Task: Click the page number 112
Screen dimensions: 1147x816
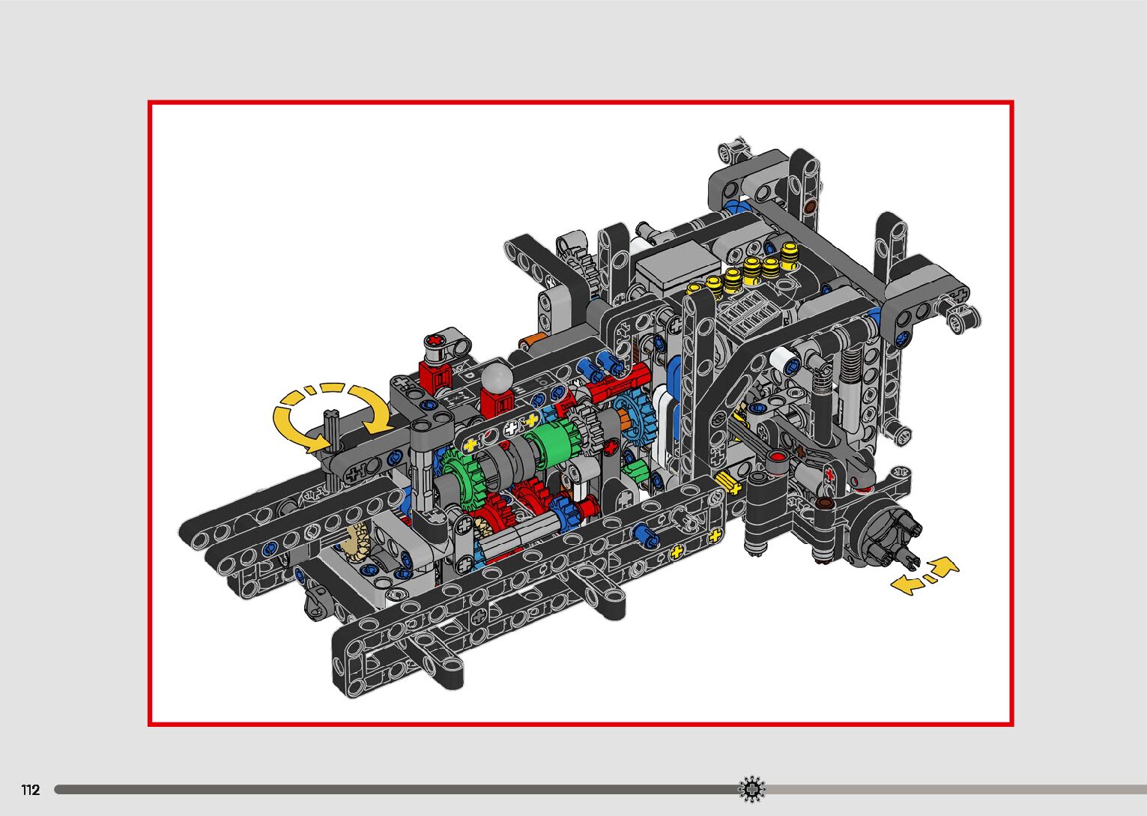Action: [x=31, y=790]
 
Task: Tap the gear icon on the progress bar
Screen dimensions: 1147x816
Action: [x=751, y=789]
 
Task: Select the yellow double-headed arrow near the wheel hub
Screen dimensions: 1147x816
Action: [x=924, y=577]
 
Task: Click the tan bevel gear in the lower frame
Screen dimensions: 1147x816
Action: [x=358, y=543]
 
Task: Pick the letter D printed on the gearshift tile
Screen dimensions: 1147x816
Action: [x=470, y=375]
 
